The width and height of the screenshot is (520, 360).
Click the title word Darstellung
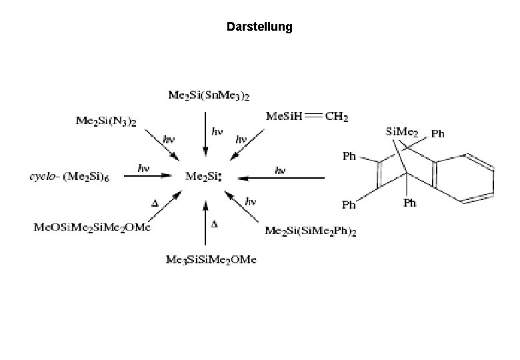(x=259, y=27)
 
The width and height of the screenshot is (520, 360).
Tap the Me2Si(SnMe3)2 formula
(x=209, y=96)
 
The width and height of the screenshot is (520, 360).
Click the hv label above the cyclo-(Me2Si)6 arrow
(x=143, y=167)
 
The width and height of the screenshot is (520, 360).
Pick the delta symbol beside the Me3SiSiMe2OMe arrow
(x=214, y=224)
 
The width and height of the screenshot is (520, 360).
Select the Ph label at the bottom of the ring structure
(x=411, y=203)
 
